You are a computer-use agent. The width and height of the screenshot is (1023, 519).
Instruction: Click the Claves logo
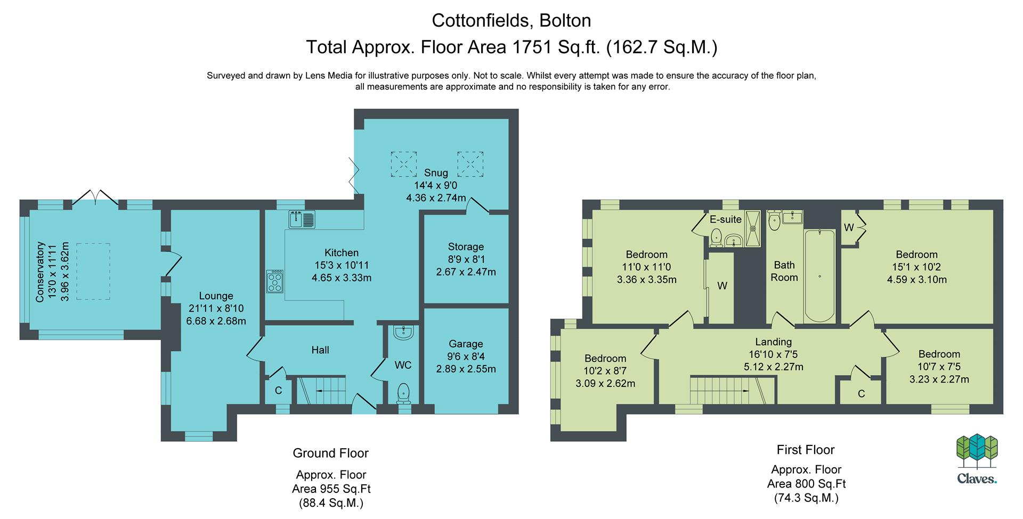point(977,459)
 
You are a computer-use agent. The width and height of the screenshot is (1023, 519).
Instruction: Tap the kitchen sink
point(303,219)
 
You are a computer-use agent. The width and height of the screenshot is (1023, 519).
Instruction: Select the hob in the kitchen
point(275,281)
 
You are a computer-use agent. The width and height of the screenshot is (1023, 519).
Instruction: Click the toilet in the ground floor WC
point(404,394)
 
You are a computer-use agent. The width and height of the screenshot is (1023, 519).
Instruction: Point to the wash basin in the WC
point(404,333)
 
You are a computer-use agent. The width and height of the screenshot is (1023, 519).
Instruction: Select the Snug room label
point(436,173)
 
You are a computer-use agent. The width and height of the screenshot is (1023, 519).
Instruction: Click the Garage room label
point(466,344)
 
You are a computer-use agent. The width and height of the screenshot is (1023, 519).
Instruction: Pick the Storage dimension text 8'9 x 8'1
point(466,259)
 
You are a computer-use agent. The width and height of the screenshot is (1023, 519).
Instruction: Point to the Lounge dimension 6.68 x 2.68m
point(216,321)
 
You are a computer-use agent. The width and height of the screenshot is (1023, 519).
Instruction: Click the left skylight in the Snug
point(403,164)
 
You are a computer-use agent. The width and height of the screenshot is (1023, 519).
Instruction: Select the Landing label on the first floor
point(774,342)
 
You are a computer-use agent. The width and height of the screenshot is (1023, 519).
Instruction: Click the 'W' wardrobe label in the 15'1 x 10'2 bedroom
point(849,228)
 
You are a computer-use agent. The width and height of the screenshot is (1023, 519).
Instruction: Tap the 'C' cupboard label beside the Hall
point(278,391)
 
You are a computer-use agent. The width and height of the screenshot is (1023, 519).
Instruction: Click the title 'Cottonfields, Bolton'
point(511,20)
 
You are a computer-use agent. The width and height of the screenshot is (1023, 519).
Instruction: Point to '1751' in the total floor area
point(532,47)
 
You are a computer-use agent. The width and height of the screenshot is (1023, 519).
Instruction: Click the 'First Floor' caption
point(806,450)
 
